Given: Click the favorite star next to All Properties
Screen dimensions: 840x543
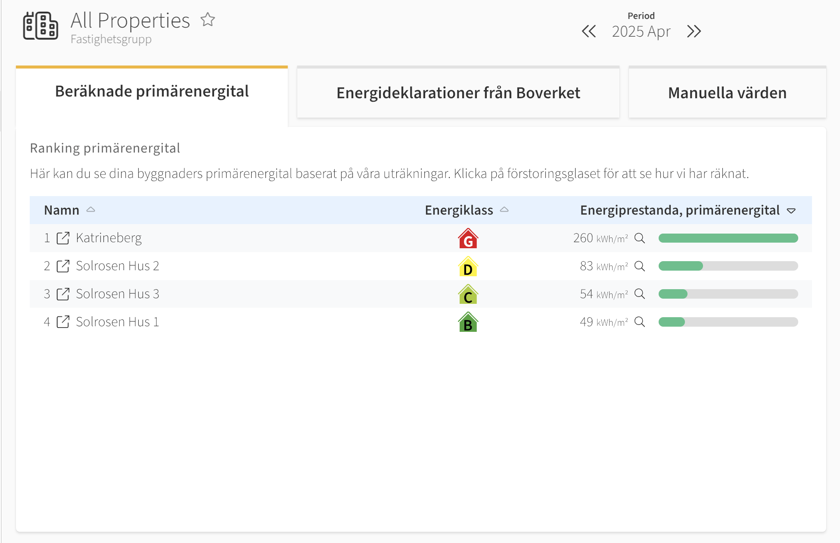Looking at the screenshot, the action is point(208,19).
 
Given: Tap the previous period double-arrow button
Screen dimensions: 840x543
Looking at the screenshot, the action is point(589,31).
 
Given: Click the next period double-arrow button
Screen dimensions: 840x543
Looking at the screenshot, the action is point(694,31).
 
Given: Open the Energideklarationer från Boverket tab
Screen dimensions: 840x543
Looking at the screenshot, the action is point(458,93).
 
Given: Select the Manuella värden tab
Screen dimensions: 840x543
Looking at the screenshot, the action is point(727,93).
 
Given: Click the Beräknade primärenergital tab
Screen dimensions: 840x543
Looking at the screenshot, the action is point(152,91).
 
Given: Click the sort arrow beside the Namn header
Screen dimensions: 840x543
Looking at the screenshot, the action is point(90,209).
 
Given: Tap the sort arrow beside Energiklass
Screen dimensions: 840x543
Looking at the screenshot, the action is point(504,209).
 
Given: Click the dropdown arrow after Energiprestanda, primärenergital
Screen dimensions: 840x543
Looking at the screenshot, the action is point(791,211).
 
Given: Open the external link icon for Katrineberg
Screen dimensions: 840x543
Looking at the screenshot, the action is point(63,238).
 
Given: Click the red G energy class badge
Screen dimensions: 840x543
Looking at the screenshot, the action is point(468,238).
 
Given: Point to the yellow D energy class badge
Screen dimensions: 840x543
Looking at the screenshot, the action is point(468,266).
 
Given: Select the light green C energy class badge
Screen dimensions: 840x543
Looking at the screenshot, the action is point(468,294).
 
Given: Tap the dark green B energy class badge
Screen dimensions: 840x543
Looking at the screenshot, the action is point(468,322).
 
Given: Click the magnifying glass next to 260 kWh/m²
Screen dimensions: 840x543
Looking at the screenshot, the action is point(640,238).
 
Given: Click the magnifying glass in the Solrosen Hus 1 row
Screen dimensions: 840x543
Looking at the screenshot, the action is point(640,322).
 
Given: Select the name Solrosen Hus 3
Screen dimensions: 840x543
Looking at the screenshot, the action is point(118,294).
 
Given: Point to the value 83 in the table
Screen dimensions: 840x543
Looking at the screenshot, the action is point(586,266).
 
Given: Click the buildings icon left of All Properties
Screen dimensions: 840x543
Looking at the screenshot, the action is point(40,26).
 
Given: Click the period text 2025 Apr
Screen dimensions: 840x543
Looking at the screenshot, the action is point(641,31).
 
